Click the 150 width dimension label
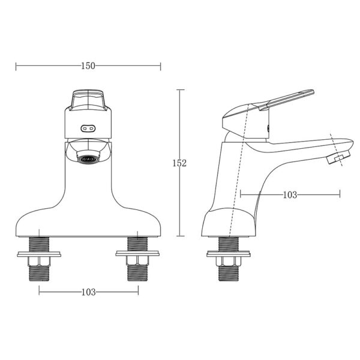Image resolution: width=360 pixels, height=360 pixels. click(88, 66)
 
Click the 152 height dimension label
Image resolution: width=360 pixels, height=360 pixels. click(180, 163)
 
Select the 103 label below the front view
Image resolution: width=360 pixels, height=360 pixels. click(88, 292)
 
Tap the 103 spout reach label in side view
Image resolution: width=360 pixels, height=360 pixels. click(290, 194)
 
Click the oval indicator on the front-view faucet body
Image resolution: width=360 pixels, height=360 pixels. click(88, 127)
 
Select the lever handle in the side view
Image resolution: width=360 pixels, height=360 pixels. click(282, 99)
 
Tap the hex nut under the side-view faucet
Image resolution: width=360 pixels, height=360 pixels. click(228, 260)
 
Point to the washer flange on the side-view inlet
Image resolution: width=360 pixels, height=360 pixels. click(228, 253)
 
